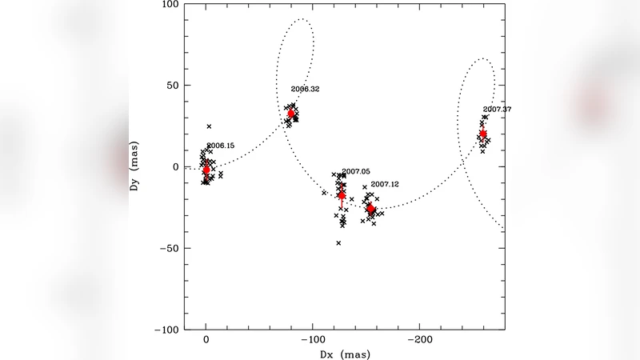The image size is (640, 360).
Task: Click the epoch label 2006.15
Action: point(221,146)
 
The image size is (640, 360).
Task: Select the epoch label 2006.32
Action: point(305,89)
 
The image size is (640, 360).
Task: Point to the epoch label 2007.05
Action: point(356,171)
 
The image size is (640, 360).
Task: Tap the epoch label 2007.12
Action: point(385,184)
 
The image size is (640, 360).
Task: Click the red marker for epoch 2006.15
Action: point(206,170)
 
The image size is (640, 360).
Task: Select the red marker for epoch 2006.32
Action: point(292,114)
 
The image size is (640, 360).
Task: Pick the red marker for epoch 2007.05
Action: point(342,194)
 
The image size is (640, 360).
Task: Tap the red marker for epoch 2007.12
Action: point(370,209)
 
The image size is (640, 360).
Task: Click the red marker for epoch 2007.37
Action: point(483,134)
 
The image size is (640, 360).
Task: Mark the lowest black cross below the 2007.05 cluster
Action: point(338,242)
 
